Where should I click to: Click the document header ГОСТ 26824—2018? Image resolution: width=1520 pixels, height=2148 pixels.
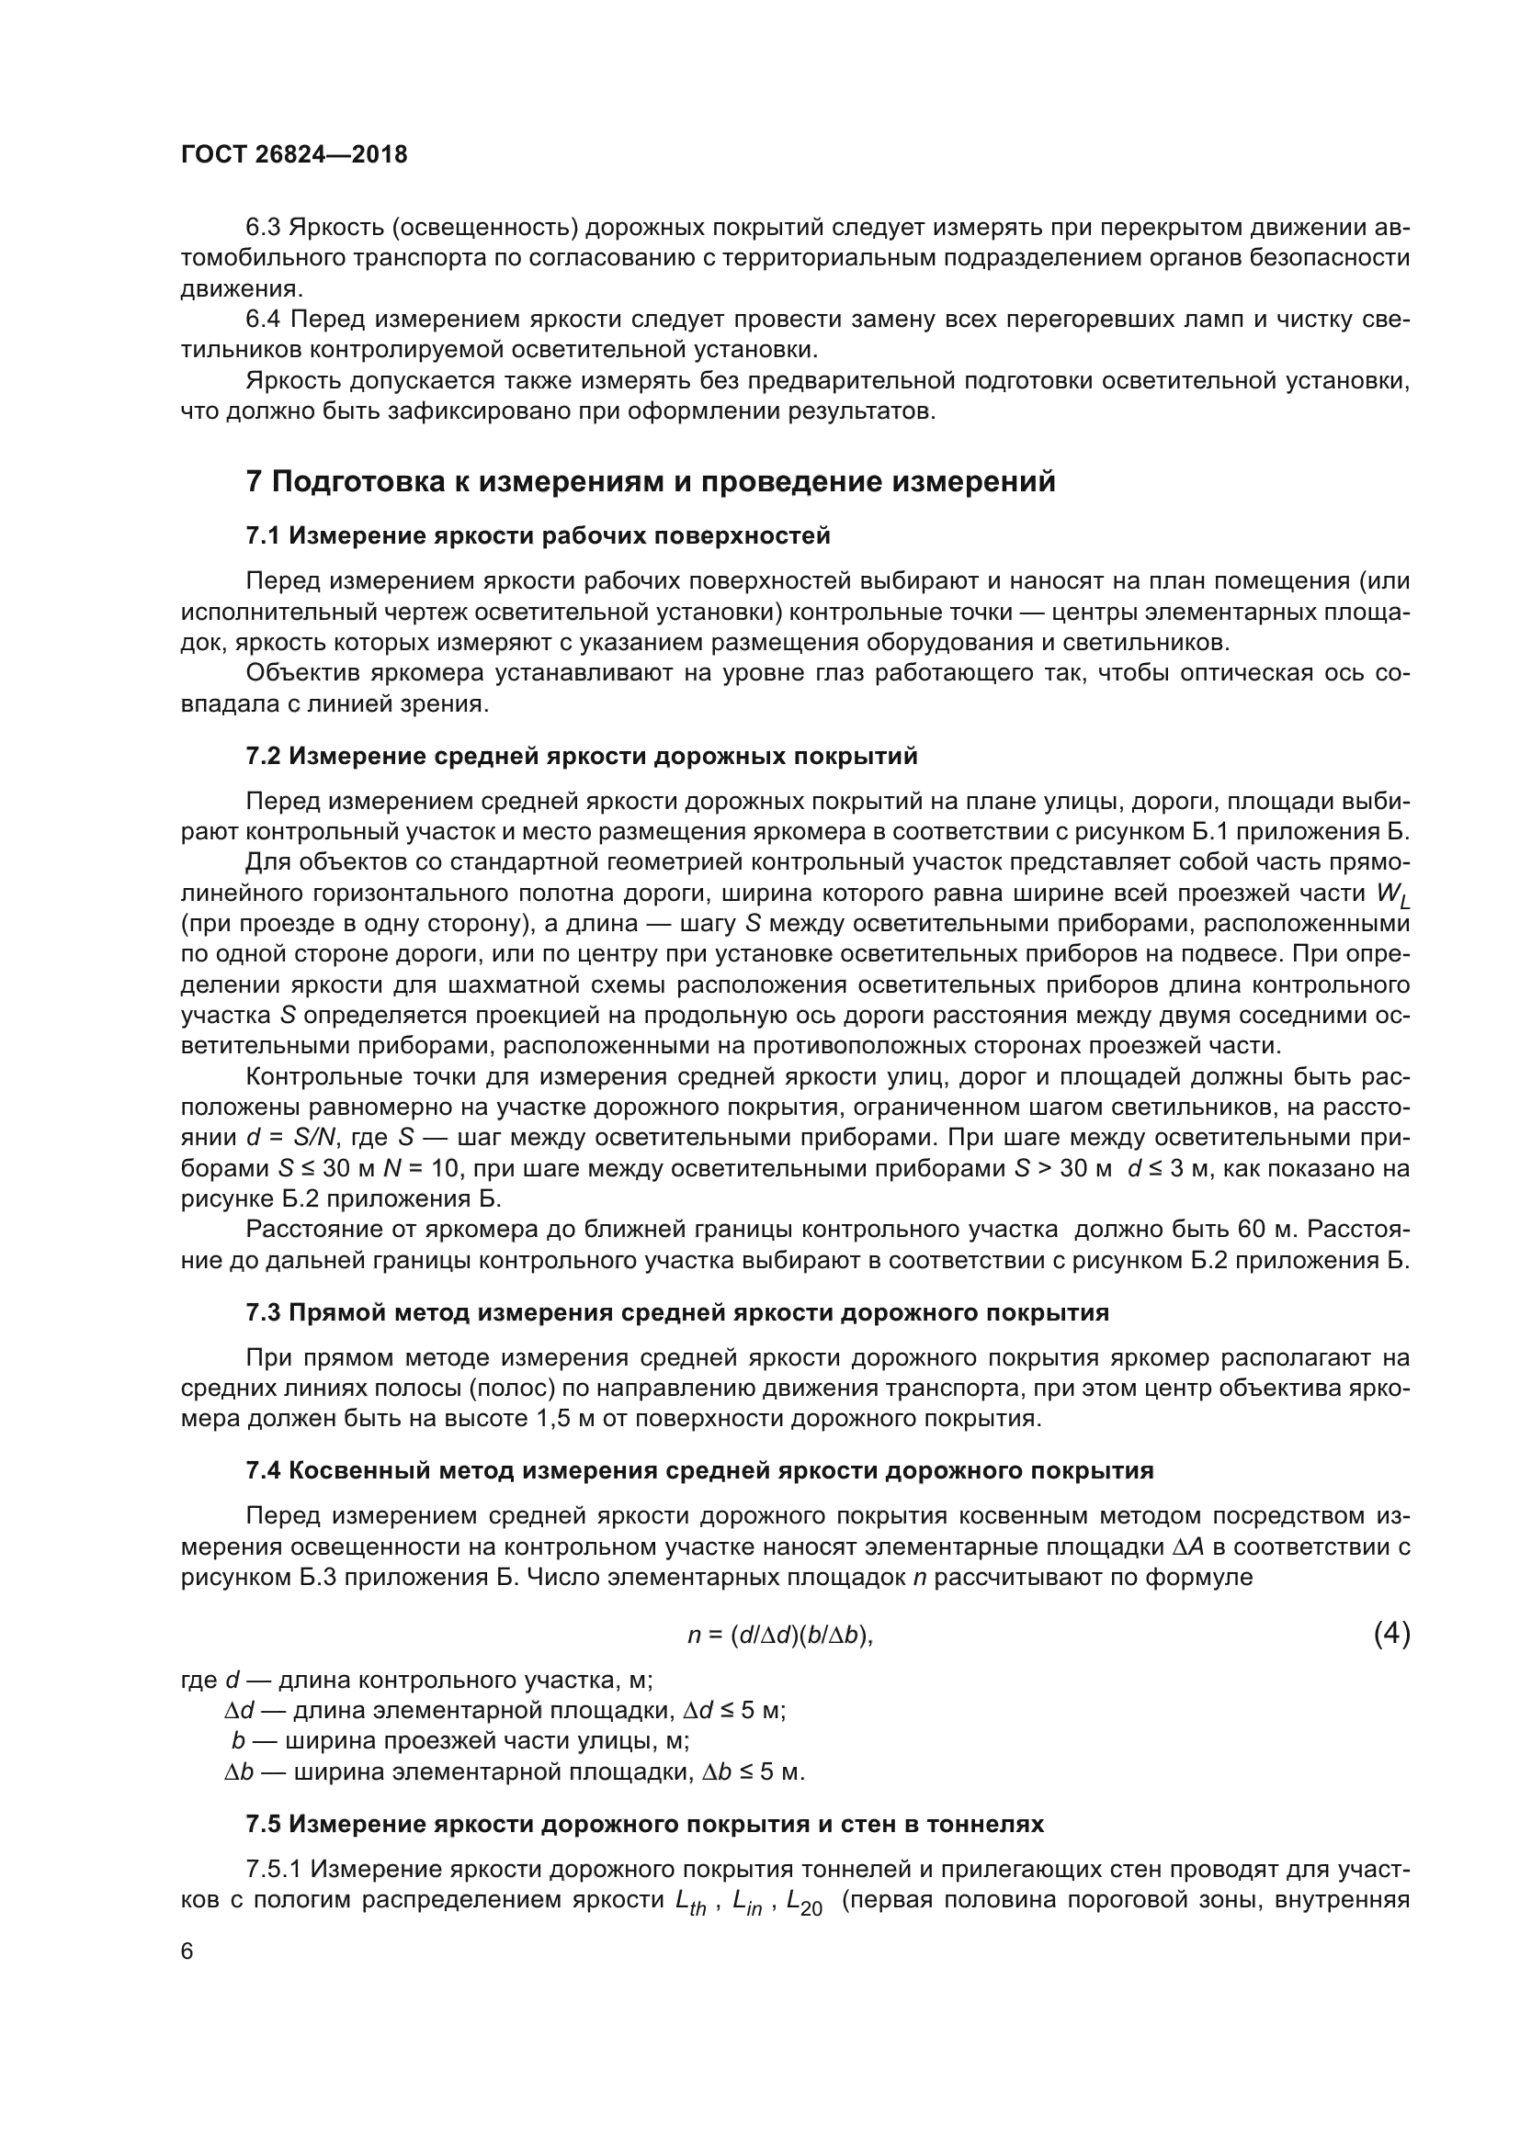(x=294, y=155)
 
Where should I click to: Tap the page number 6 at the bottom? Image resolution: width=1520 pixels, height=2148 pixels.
(x=187, y=1951)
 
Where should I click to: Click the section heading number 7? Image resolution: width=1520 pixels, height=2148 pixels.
(x=254, y=482)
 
